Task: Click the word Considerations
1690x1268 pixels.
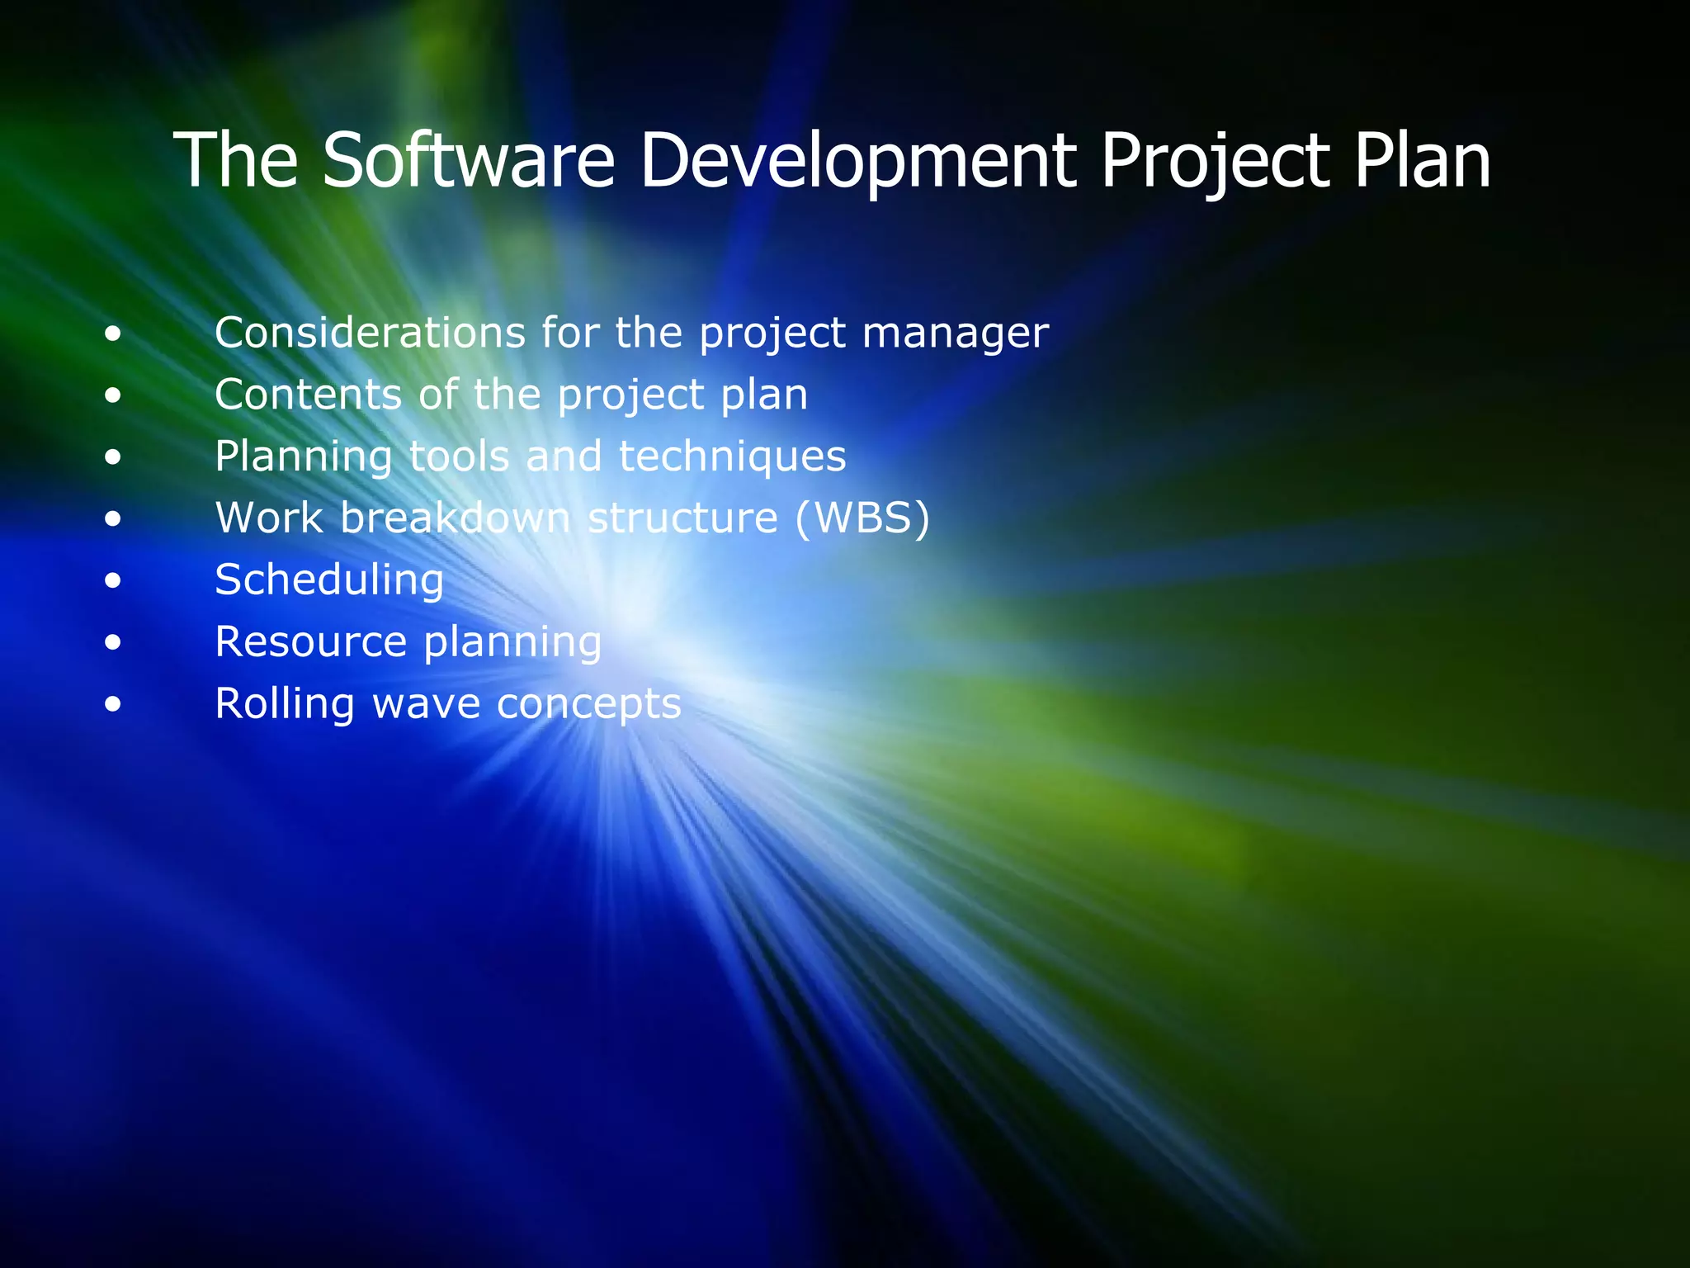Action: [x=370, y=333]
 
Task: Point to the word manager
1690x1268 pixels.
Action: [x=955, y=334]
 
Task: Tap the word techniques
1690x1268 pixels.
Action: [x=732, y=456]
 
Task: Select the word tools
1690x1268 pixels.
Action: [x=459, y=456]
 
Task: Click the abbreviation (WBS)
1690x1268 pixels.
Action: [x=862, y=518]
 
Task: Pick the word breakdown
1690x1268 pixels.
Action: [x=455, y=518]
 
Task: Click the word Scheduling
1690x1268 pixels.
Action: [x=329, y=580]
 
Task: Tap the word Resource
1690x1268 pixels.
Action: [x=311, y=641]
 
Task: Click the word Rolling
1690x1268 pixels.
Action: [x=285, y=704]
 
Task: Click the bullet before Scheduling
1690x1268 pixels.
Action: [x=113, y=581]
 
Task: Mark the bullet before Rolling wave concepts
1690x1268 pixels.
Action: [x=113, y=705]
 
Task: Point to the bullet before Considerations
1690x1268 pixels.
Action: [x=113, y=334]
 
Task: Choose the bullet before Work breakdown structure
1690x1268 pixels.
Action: [x=113, y=519]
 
